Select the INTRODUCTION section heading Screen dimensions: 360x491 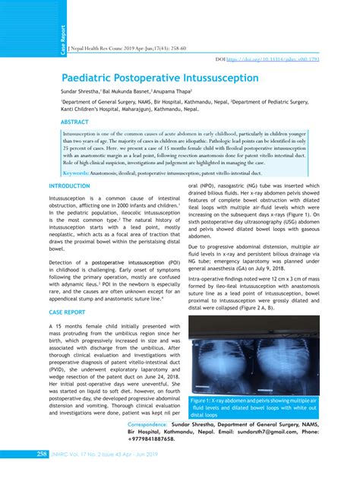coord(69,186)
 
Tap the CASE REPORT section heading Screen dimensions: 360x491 coord(67,312)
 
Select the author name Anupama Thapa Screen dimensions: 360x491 coord(175,90)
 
